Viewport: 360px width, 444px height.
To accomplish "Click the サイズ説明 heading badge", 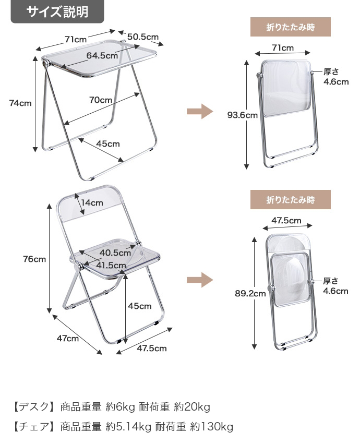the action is coord(57,11).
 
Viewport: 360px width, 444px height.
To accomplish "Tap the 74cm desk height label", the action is coord(20,103).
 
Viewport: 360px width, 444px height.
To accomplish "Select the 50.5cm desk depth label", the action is coord(143,37).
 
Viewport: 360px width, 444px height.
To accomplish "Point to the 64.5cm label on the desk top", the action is coord(102,55).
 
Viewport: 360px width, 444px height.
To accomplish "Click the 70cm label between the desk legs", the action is coord(101,100).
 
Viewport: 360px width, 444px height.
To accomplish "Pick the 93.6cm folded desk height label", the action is coord(243,115).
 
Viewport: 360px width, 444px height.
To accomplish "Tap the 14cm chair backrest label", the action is coord(92,203).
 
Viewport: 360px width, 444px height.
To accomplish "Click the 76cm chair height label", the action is coord(34,259).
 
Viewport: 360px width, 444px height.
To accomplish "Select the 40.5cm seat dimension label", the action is coord(115,253).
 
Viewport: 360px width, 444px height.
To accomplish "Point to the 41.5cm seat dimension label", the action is coord(111,266).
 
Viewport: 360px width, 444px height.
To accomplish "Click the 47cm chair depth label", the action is coord(68,339).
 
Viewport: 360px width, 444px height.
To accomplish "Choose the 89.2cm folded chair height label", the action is coord(250,293).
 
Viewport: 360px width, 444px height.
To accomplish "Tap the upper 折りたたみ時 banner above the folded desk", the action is coord(290,27).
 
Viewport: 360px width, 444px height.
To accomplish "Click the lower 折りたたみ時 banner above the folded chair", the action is coord(290,200).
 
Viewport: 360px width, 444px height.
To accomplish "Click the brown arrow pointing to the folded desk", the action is coord(200,111).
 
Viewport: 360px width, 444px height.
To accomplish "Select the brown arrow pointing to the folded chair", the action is coord(200,280).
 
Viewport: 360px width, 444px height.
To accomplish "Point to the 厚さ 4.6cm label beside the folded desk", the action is coord(336,77).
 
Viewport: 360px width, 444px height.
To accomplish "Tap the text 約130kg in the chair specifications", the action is coord(212,426).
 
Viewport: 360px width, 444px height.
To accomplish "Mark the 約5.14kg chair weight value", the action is coord(128,426).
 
